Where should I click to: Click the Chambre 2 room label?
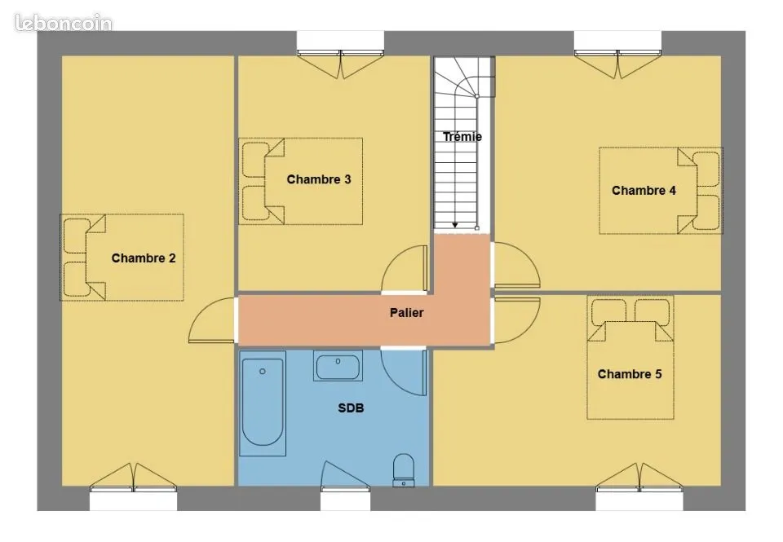tap(144, 258)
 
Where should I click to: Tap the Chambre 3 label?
tap(319, 179)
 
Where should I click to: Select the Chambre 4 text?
tap(644, 190)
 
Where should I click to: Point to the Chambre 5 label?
tap(629, 374)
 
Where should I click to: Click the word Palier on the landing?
tap(406, 313)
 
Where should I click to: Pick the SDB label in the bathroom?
tap(351, 408)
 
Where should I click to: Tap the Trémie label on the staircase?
tap(462, 136)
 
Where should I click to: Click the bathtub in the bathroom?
tap(263, 403)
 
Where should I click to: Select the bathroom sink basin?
tap(338, 366)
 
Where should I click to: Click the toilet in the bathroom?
tap(404, 469)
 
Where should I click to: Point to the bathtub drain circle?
tap(263, 372)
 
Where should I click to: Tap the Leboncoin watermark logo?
tap(64, 23)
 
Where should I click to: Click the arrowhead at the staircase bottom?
tap(455, 226)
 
